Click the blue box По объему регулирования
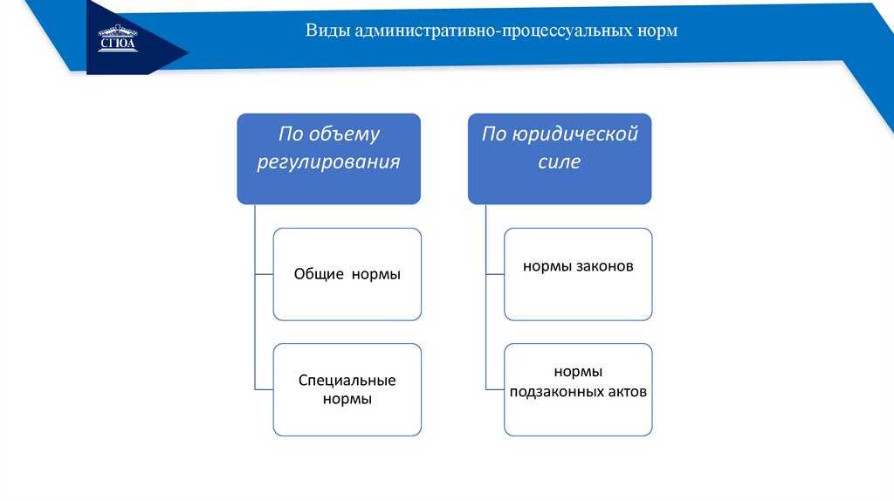329,159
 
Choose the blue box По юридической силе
560,159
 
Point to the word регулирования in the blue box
329,162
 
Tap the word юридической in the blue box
575,134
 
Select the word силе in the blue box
560,162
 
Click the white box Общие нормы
347,274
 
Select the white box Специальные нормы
347,389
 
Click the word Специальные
347,381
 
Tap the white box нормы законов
578,274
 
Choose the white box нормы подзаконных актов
578,389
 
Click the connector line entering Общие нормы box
264,274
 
